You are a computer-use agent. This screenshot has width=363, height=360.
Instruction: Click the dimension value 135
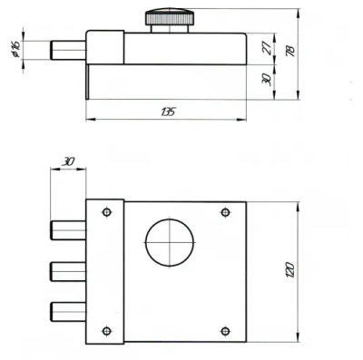(168, 112)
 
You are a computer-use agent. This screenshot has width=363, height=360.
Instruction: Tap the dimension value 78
(290, 51)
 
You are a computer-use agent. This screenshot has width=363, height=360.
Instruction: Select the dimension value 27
(266, 48)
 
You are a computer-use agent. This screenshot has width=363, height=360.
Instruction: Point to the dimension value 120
(289, 270)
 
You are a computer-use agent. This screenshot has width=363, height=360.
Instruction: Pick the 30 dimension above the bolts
(68, 161)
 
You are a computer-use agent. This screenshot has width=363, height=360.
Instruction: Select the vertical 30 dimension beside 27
(266, 80)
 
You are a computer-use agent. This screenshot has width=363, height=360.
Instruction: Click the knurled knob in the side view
(170, 17)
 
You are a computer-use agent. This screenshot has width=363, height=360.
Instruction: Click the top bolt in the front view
(68, 230)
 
